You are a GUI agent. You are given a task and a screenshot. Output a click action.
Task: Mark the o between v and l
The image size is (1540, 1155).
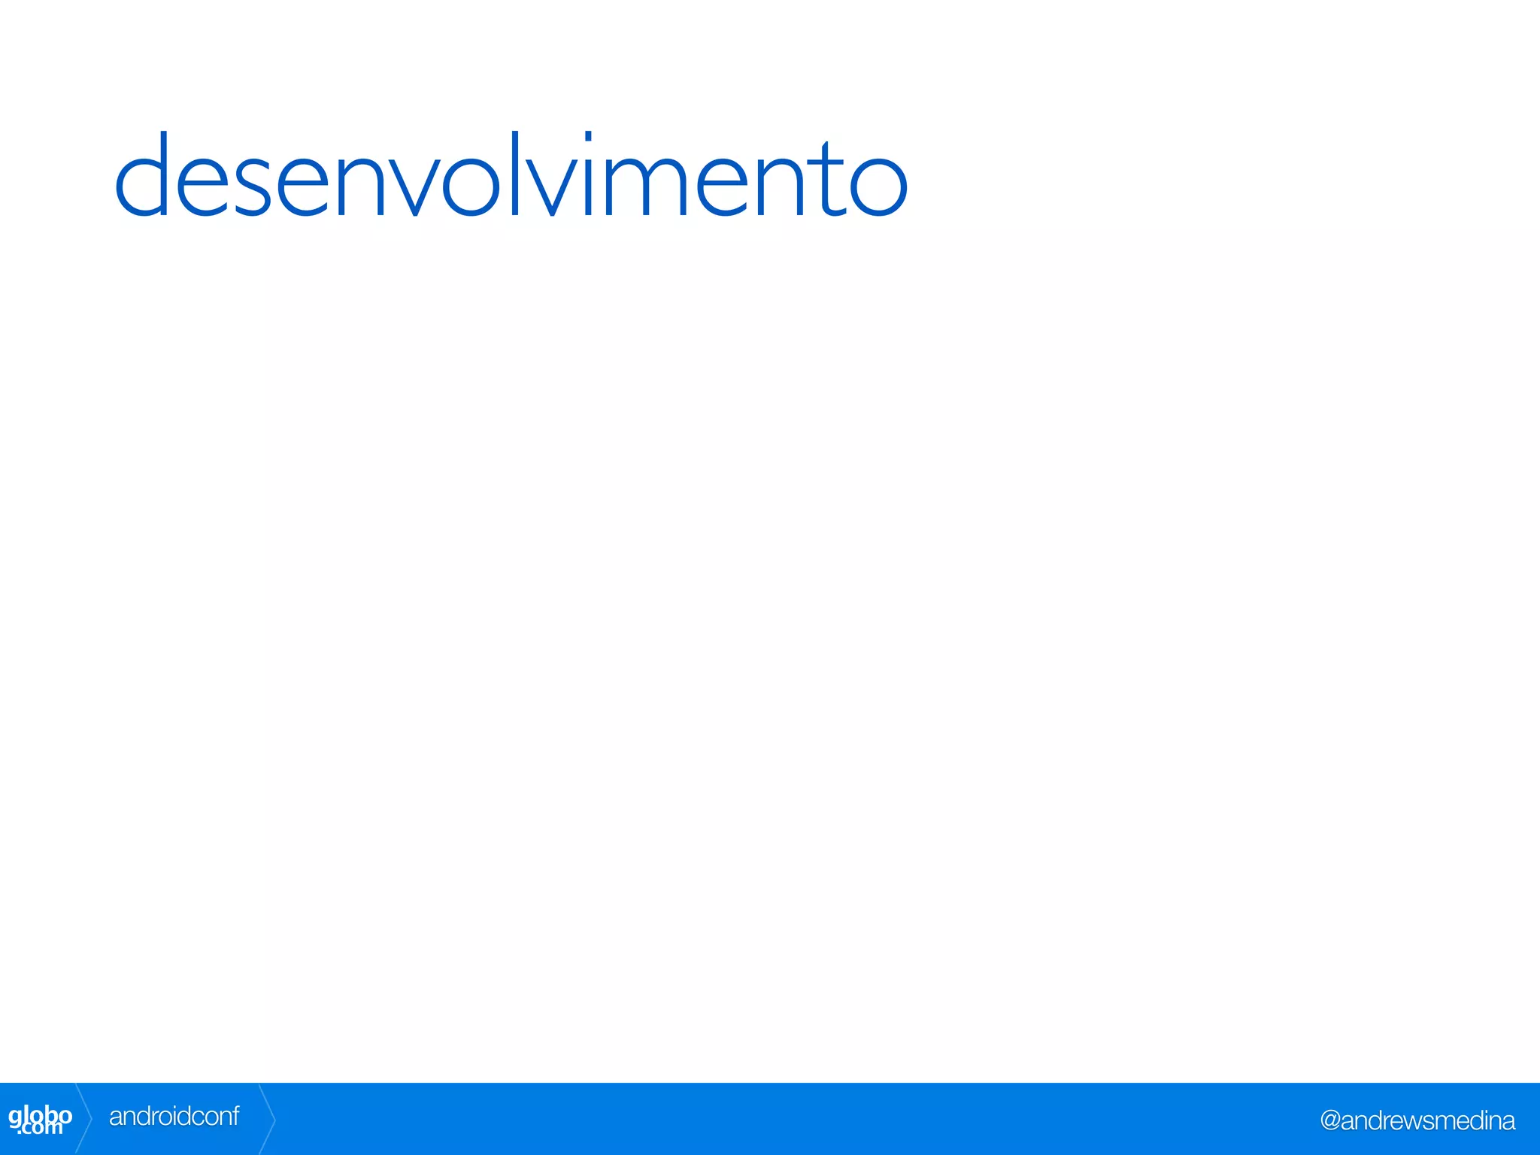click(471, 185)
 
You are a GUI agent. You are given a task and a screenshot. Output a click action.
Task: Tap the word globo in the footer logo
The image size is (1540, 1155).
click(40, 1114)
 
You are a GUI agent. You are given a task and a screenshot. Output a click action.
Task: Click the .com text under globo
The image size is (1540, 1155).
click(41, 1128)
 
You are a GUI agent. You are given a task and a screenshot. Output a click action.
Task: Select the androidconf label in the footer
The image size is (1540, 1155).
click(174, 1117)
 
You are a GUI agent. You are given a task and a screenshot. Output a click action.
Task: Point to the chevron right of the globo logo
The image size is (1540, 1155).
click(84, 1119)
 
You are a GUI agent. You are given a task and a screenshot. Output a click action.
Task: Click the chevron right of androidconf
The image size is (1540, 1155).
click(268, 1119)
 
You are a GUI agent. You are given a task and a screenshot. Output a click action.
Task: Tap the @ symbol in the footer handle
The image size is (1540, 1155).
click(1330, 1121)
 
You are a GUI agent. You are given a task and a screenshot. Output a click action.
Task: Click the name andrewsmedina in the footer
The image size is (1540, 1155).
click(1427, 1120)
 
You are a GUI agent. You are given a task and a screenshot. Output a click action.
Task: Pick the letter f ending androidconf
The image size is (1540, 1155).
click(235, 1115)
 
